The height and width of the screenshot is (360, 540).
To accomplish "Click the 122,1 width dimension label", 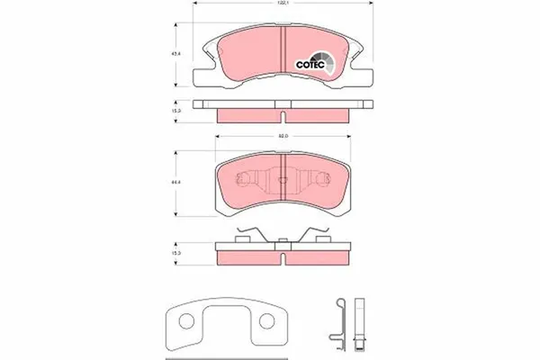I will pyautogui.click(x=283, y=5).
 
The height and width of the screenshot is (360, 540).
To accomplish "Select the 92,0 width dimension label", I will pyautogui.click(x=282, y=137).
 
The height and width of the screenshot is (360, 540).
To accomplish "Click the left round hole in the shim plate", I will pyautogui.click(x=184, y=321).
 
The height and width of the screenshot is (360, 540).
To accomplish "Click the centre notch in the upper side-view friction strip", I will pyautogui.click(x=283, y=114).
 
